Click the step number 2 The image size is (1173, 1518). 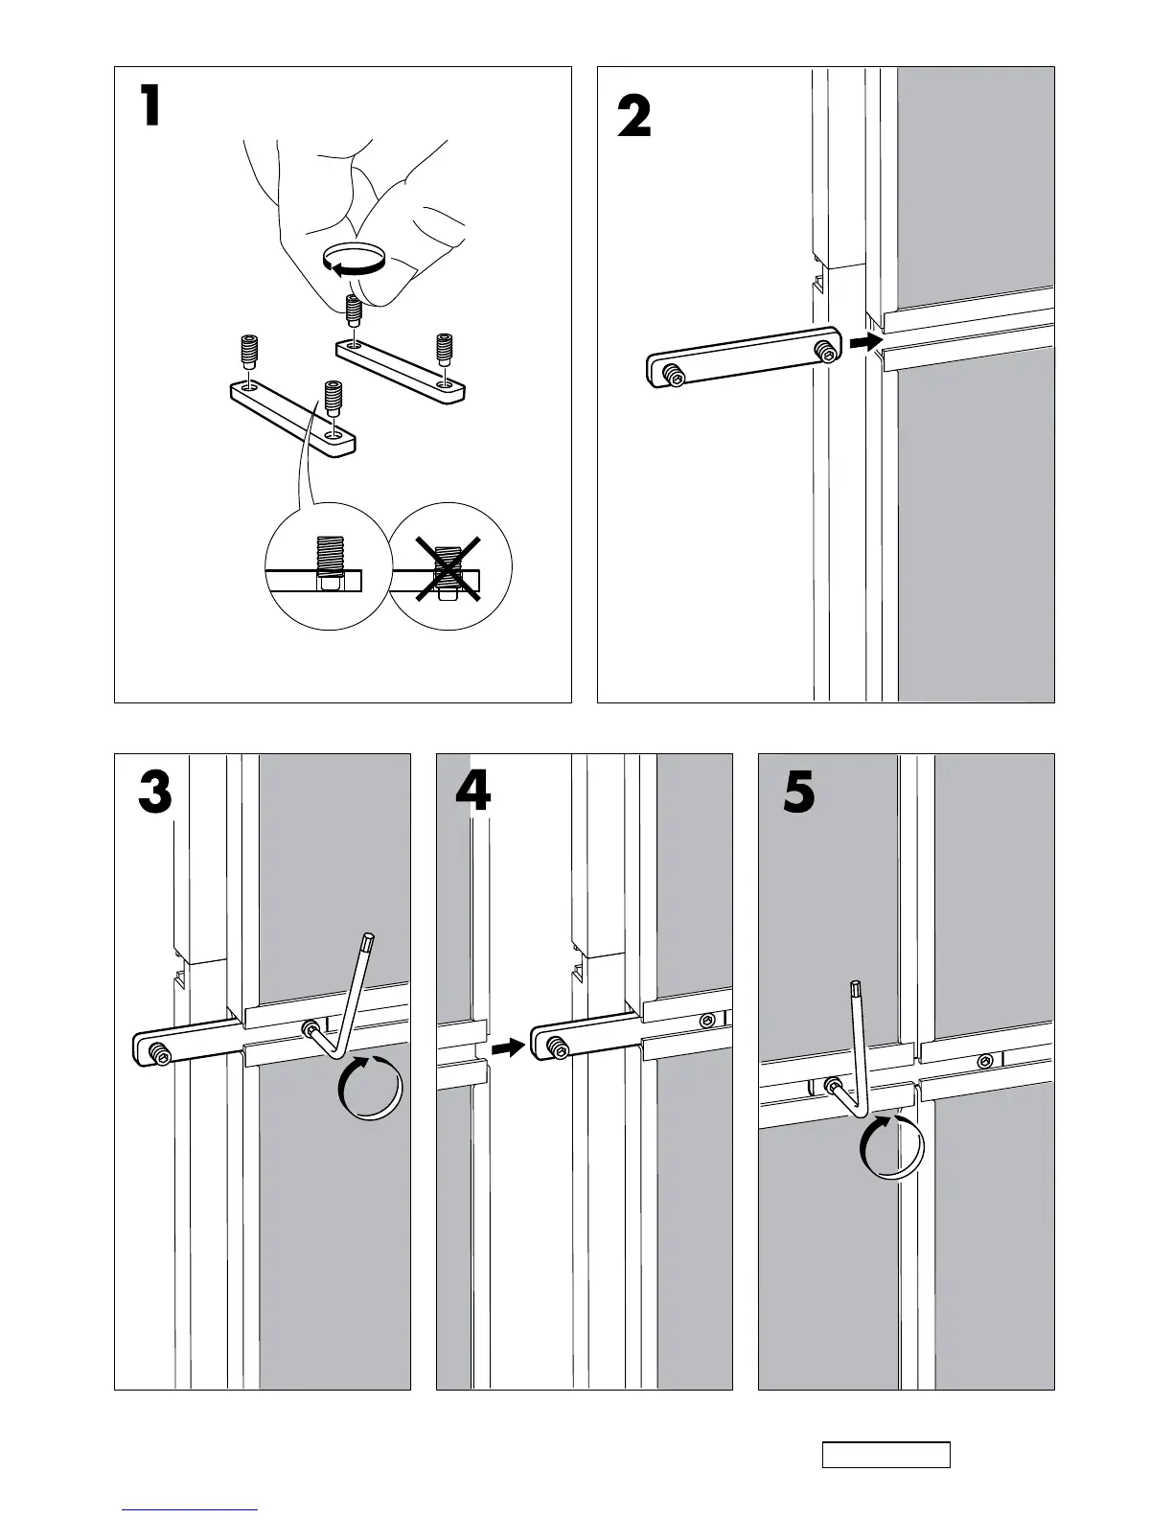coord(633,120)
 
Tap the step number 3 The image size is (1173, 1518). coord(154,794)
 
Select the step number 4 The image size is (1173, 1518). coord(472,793)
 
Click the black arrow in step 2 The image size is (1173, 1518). coord(865,342)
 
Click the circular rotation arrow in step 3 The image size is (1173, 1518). coord(370,1087)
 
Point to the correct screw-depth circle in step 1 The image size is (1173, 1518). coord(327,567)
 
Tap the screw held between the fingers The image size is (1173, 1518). coord(354,310)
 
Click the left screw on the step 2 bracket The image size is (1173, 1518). coord(673,375)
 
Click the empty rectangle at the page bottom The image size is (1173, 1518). coord(885,1454)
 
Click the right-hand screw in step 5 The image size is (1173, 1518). coord(985,1061)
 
